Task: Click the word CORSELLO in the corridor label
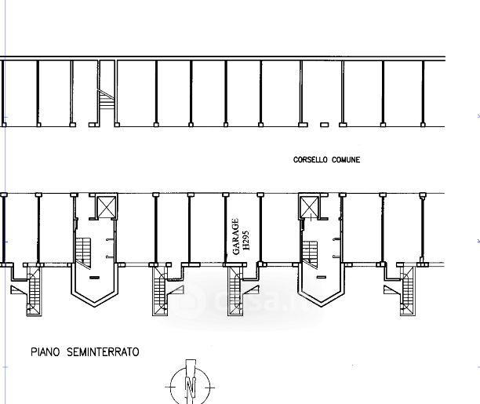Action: tap(311, 160)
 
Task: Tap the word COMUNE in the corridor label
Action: tap(345, 160)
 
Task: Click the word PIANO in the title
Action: tap(46, 353)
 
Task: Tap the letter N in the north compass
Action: tap(189, 386)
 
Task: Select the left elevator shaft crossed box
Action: tap(104, 207)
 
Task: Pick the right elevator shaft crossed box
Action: tap(311, 207)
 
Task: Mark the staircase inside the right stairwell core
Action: tap(311, 251)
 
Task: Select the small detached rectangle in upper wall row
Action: tap(324, 124)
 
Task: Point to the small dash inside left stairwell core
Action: tap(94, 278)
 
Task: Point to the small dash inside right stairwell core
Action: tap(322, 278)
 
